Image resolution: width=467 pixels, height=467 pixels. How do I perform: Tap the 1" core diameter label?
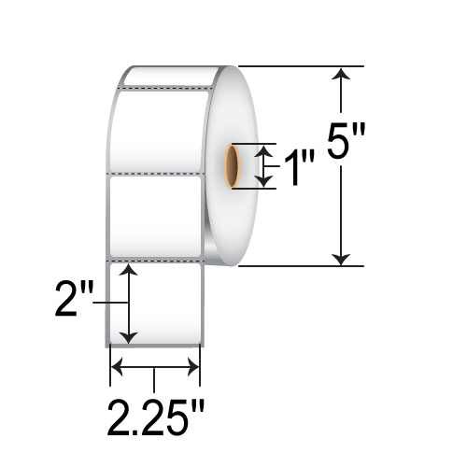pyautogui.click(x=299, y=167)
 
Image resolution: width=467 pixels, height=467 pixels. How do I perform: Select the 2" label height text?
pyautogui.click(x=74, y=298)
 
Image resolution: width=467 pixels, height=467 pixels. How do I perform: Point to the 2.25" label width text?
pyautogui.click(x=156, y=417)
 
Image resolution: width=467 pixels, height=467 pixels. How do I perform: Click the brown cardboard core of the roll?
pyautogui.click(x=233, y=166)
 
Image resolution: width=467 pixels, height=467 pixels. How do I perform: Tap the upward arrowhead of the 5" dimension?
pyautogui.click(x=341, y=74)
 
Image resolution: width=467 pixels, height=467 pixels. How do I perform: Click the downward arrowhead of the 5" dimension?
pyautogui.click(x=341, y=260)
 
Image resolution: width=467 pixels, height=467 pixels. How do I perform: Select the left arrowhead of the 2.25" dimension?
pyautogui.click(x=117, y=367)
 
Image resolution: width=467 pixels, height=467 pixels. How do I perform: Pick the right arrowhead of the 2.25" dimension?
pyautogui.click(x=193, y=367)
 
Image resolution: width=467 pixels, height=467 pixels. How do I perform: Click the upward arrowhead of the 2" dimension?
pyautogui.click(x=128, y=270)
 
